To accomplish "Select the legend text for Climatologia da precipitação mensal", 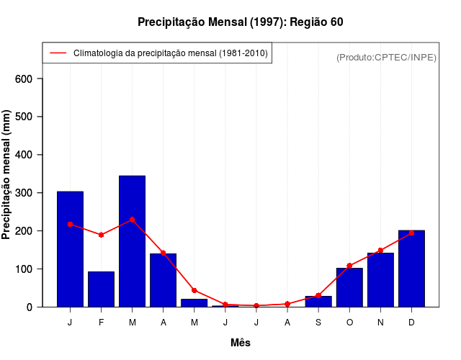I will coord(170,53).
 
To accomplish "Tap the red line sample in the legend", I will coord(58,53).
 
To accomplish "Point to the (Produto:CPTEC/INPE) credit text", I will coord(387,57).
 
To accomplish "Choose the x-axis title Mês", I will coord(241,343).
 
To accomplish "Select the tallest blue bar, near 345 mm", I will coord(133,241).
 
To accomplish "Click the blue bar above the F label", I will coord(101,289).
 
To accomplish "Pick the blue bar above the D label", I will coord(411,269).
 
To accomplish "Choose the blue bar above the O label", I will coord(349,287).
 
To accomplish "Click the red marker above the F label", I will coord(101,235).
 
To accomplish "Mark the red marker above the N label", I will coord(380,251).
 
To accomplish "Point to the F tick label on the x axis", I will coord(101,323).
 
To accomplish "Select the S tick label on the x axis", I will coord(318,323).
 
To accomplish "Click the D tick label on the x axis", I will coord(411,323).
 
